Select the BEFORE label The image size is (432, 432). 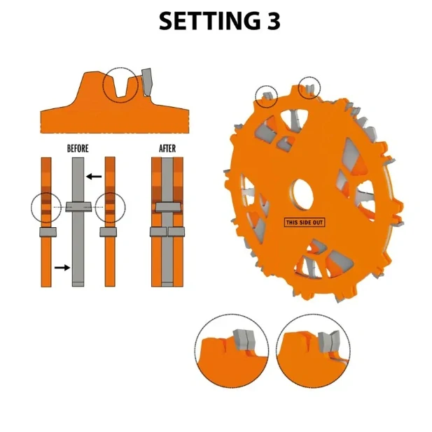click(x=78, y=148)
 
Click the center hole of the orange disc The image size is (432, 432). click(x=300, y=194)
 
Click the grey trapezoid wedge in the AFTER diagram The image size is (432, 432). click(x=167, y=207)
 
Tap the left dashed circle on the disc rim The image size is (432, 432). click(x=266, y=96)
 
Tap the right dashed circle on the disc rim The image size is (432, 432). click(x=309, y=87)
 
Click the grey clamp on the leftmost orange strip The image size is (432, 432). click(x=46, y=232)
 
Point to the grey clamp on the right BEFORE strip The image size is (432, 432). click(x=109, y=232)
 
